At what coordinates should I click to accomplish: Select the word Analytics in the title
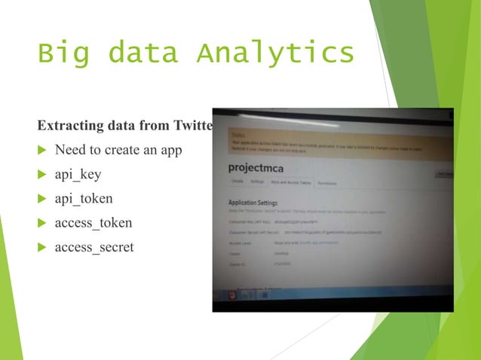[x=274, y=54]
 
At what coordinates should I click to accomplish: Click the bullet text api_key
[x=78, y=175]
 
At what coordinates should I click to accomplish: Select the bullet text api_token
[x=84, y=198]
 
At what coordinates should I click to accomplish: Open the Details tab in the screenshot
[x=237, y=182]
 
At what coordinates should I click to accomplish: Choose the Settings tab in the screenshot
[x=257, y=182]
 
